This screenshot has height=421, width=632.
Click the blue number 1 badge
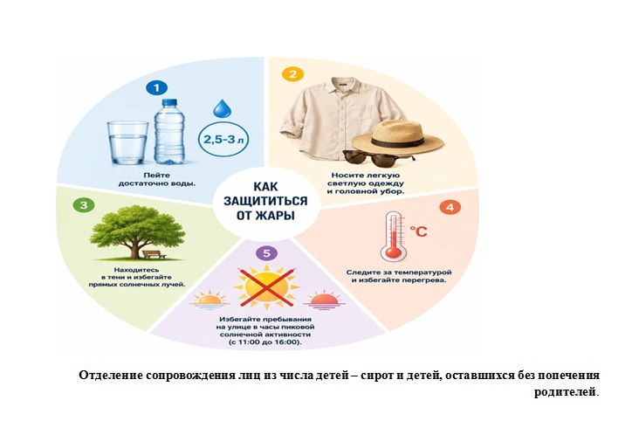coord(156,87)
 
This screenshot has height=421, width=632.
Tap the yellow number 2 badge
coord(293,74)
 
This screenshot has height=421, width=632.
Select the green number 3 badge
coord(84,205)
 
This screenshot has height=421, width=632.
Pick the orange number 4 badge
coord(450,207)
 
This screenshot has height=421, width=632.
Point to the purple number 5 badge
coord(267,253)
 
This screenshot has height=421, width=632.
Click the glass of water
coord(127,142)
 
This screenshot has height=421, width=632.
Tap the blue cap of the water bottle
coord(169,103)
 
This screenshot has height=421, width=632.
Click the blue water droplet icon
coord(222,108)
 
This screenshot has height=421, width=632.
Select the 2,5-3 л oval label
coord(223,140)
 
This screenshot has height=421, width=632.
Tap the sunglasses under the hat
coord(379,158)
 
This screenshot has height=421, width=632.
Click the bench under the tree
coord(154,254)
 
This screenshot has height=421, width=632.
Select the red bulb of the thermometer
coord(393,252)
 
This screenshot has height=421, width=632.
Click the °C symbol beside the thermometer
coord(418,231)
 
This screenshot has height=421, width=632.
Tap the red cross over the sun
coord(266,288)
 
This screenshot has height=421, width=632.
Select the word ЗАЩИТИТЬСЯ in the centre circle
coord(265,201)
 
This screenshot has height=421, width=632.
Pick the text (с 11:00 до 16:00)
coord(264,342)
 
